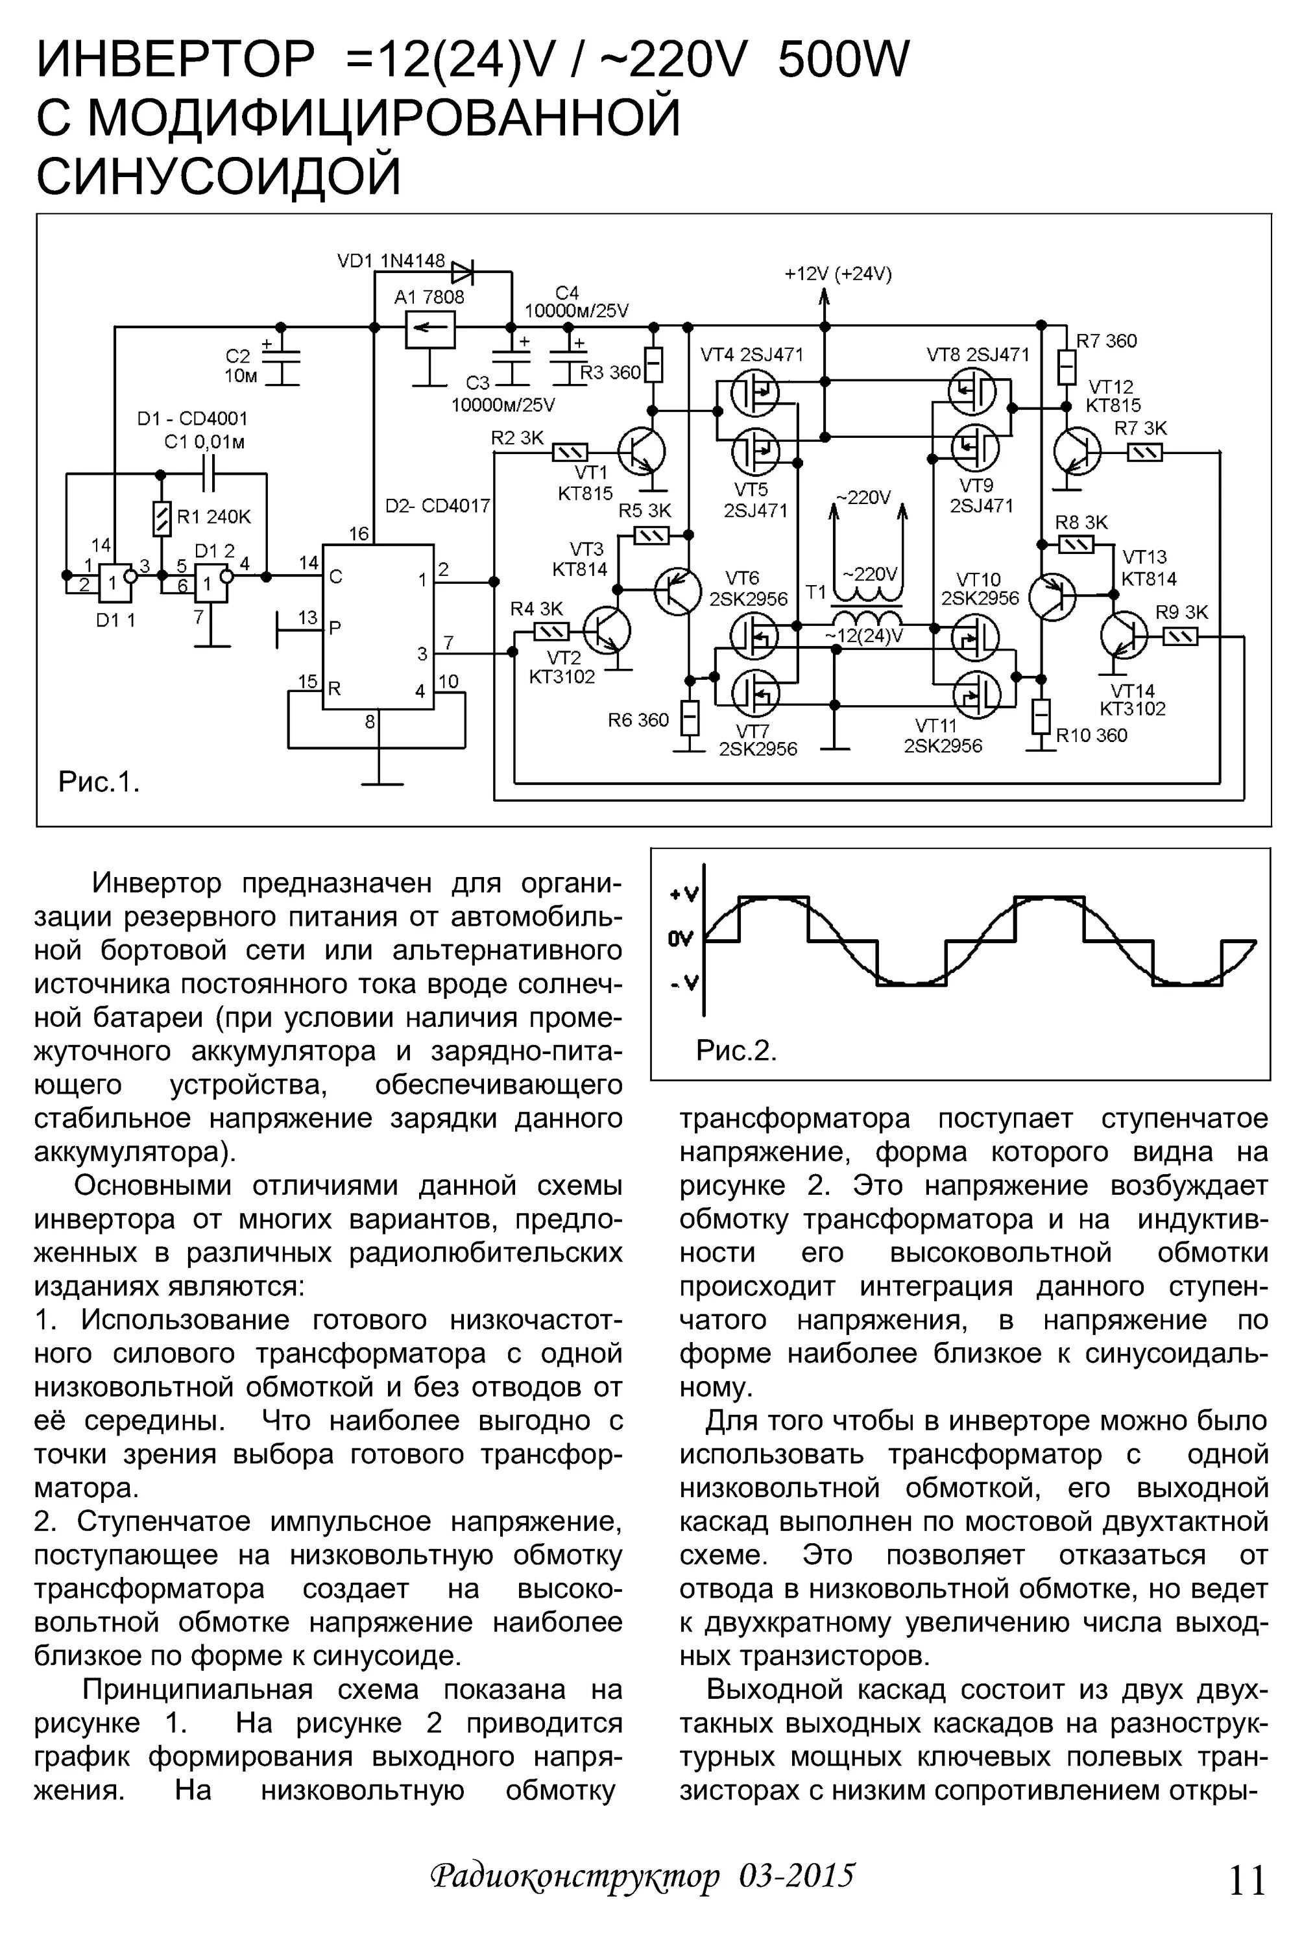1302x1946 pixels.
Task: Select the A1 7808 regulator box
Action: [x=430, y=330]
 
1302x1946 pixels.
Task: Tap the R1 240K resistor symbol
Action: [x=163, y=518]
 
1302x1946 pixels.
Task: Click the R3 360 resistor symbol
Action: [x=655, y=365]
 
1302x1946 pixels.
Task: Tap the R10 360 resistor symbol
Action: [x=1041, y=715]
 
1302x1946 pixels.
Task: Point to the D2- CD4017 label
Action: [x=438, y=505]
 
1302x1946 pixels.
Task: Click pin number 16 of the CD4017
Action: [x=358, y=534]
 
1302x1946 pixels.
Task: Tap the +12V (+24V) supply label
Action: [x=838, y=274]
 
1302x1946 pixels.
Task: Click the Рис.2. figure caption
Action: [x=736, y=1051]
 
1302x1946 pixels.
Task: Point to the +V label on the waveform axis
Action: [x=684, y=894]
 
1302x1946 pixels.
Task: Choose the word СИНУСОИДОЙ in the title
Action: [x=219, y=175]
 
